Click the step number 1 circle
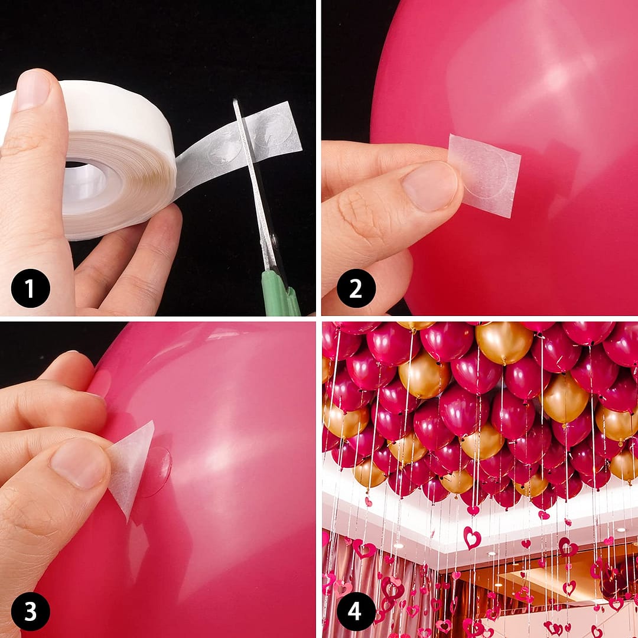30,288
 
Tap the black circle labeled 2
356,288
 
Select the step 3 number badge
30,611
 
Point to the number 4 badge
356,611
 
